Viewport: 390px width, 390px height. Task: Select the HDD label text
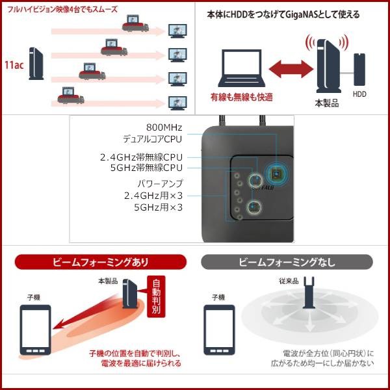coord(359,94)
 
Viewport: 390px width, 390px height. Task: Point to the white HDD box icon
coord(359,68)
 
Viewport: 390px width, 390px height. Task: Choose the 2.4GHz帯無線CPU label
coord(141,157)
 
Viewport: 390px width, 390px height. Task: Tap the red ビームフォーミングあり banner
coord(101,262)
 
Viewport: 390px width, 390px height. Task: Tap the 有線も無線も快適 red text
coord(241,97)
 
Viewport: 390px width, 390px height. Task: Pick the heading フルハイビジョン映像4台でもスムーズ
coord(65,9)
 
